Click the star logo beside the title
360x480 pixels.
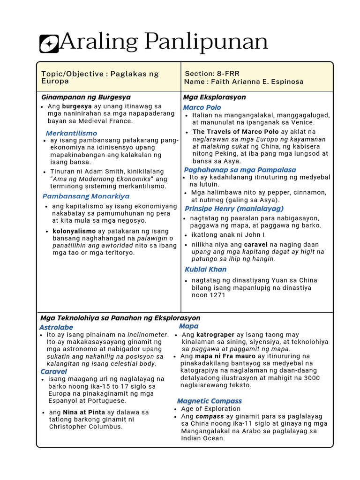tap(49, 44)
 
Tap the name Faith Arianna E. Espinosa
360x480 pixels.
tap(257, 82)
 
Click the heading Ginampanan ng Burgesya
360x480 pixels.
tap(86, 97)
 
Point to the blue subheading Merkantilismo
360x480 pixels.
tap(71, 134)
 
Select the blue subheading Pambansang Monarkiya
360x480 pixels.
tap(86, 196)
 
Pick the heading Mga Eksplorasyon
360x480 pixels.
tap(214, 97)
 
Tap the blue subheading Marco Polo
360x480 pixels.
tap(202, 108)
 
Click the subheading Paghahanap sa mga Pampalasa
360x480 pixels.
tap(240, 170)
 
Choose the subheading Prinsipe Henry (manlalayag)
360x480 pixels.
tap(234, 209)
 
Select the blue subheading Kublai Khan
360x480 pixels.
tap(205, 270)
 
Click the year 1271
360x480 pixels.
tap(218, 295)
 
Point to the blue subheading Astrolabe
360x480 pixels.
tap(56, 328)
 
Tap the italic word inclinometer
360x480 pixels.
tap(147, 335)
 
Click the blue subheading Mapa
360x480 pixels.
tap(189, 326)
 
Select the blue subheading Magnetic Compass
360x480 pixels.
tap(209, 401)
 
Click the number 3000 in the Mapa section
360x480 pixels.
tap(311, 378)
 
